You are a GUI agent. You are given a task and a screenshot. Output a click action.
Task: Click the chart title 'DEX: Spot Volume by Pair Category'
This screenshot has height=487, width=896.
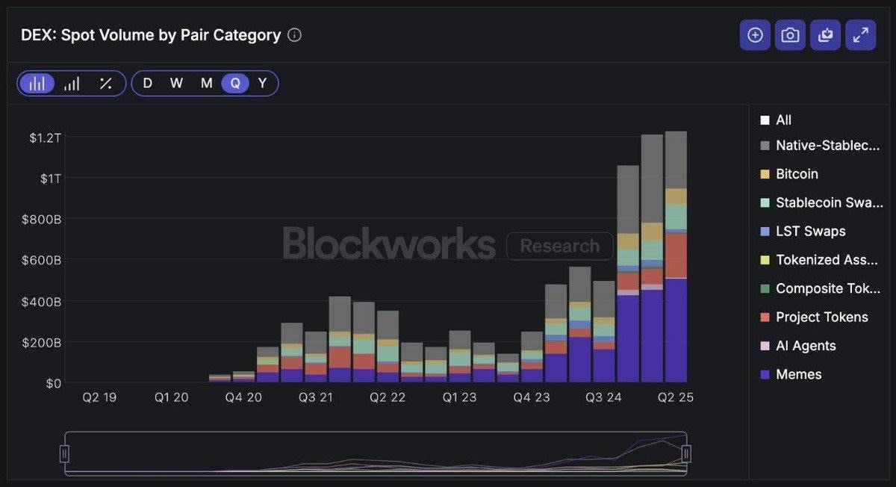coord(151,35)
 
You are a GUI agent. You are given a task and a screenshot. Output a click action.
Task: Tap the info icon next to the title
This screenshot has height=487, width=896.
coord(295,35)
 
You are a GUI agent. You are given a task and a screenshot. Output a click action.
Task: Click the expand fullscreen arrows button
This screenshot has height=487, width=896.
coord(860,35)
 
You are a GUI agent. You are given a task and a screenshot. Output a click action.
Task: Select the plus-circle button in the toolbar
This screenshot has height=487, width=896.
coord(755,35)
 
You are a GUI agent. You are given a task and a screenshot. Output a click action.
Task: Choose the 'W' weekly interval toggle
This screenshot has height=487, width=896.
coord(176,83)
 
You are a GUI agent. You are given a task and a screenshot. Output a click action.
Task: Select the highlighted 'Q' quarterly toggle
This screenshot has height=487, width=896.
coord(235,83)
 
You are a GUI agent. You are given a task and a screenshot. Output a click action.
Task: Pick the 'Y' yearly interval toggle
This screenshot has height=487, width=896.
coord(262,83)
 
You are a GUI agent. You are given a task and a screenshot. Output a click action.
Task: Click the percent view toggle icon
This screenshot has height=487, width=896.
coord(105,83)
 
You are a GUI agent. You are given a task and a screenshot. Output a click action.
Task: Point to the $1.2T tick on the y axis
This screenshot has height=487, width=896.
coord(45,138)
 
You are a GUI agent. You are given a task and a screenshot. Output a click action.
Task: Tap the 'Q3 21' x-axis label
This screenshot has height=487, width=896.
coord(316,397)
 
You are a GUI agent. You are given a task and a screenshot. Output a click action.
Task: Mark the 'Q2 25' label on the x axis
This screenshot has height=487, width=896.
coord(675,397)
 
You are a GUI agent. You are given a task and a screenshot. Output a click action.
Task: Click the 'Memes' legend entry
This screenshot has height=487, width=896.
coord(798,374)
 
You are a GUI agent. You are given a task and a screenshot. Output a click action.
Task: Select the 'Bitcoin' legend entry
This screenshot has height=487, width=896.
coord(797,174)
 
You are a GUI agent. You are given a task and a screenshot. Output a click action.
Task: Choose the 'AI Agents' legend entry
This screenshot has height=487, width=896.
coord(806,346)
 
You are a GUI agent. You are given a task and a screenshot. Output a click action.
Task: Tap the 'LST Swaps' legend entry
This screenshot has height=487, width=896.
coord(810,232)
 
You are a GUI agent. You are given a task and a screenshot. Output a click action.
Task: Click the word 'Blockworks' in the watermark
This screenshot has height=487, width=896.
coord(389,244)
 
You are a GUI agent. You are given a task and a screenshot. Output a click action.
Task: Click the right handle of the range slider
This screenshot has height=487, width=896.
coord(686,453)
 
